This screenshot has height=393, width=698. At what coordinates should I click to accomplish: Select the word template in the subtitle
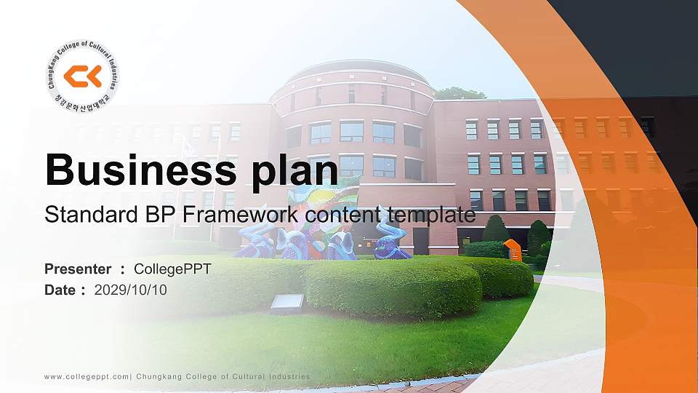431,215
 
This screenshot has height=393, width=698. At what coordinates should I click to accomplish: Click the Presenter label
78,269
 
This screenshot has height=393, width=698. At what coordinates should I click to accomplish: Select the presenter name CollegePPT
172,269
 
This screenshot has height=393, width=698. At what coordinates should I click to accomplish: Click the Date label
60,290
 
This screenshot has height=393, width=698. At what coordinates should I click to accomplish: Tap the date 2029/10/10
131,290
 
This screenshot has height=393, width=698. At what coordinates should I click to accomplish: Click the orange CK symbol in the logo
82,76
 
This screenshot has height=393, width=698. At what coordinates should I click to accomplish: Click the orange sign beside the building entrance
513,249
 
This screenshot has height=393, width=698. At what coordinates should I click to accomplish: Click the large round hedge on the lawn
393,287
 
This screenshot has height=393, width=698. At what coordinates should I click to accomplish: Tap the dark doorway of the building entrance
420,240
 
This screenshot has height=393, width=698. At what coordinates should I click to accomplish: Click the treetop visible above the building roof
460,93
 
